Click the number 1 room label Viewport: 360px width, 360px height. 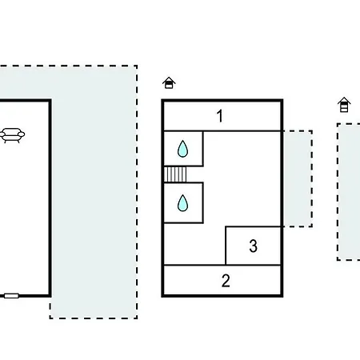(x=220, y=116)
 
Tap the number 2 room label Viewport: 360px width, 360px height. (x=226, y=281)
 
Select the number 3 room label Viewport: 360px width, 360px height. (x=254, y=246)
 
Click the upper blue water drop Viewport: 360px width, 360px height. (x=182, y=149)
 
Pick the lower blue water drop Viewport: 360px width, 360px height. (x=182, y=203)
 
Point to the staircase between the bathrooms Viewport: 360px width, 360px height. (x=175, y=174)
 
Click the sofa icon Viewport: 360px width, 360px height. (x=12, y=135)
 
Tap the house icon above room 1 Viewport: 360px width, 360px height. (x=169, y=82)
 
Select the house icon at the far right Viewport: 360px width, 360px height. (x=344, y=105)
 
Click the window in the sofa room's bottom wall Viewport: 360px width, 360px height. (x=11, y=296)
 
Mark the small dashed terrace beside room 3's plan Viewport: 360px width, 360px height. (x=298, y=178)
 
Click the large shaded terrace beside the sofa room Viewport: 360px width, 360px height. (x=94, y=192)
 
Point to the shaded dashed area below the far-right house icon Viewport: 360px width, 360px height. (x=349, y=192)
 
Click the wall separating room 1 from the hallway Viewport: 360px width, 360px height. (x=222, y=131)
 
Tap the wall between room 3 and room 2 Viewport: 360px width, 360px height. (x=254, y=266)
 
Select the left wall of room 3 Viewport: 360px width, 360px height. (x=226, y=246)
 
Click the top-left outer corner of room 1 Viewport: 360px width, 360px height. (x=162, y=99)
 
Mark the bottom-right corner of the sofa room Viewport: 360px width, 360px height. (x=50, y=296)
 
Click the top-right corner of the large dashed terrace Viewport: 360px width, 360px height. (x=137, y=66)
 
